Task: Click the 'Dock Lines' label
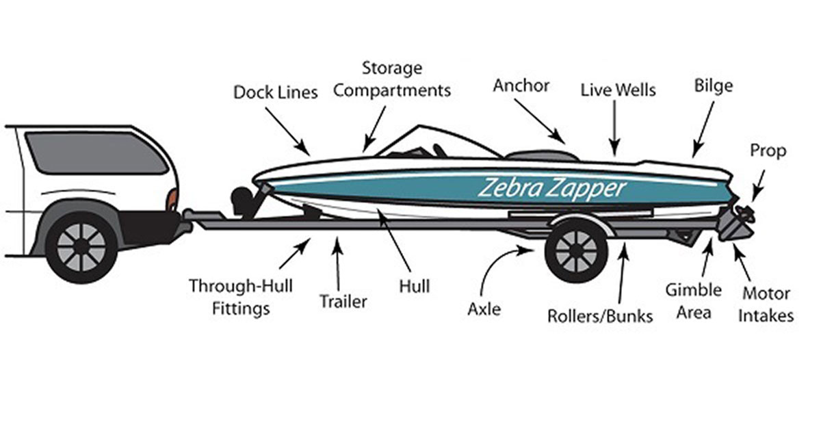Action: (276, 92)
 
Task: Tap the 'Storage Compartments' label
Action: (392, 79)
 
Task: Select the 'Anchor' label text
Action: (521, 86)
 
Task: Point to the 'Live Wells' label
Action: (618, 90)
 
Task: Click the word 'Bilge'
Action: (713, 86)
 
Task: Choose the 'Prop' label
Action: (768, 151)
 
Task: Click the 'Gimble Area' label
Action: (693, 300)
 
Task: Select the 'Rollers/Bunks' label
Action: (600, 316)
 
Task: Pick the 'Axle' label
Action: (484, 309)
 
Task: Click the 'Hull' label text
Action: (414, 285)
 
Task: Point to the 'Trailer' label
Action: (343, 301)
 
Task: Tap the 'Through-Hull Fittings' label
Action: (230, 296)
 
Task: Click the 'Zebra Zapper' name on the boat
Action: (551, 187)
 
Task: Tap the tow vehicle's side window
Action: (96, 153)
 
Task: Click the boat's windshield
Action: (410, 142)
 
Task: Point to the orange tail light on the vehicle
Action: (172, 200)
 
